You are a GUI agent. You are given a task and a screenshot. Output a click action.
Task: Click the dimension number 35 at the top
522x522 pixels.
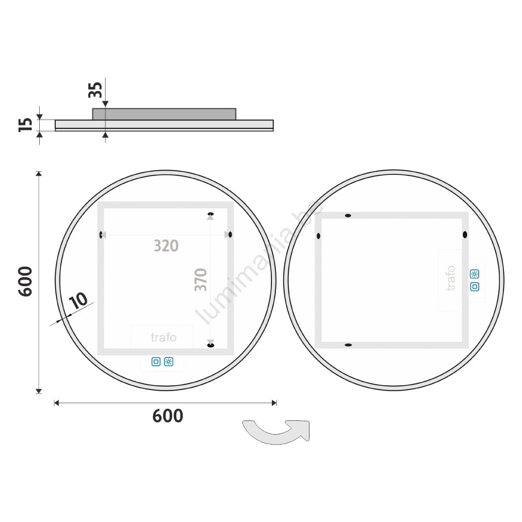pos(95,90)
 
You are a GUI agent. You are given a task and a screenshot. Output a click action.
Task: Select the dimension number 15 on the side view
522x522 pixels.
pos(26,124)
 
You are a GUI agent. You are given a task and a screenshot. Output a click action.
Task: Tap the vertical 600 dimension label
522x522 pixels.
pos(25,281)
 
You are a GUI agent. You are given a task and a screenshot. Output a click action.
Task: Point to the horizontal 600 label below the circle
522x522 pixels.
pos(168,416)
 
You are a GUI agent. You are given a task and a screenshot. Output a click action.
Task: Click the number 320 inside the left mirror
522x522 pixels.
pos(166,246)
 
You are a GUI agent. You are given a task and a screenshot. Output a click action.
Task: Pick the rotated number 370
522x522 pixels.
pos(201,280)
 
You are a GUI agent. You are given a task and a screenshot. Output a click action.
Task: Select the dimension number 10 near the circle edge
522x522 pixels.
pos(78,301)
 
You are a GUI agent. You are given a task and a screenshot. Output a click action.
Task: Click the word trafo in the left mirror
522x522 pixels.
pos(164,337)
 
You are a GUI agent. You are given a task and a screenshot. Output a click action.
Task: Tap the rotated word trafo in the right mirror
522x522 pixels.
pos(450,278)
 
